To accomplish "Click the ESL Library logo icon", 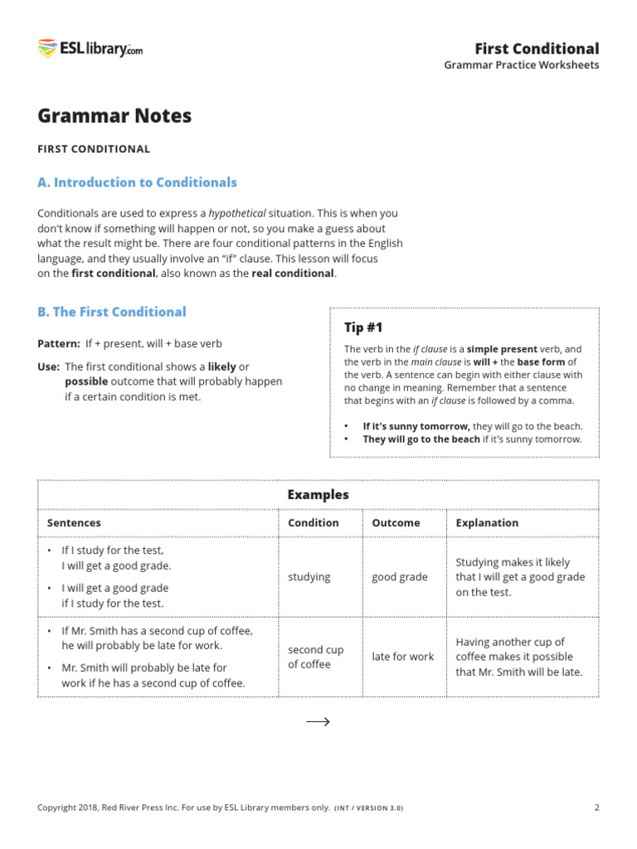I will coord(46,49).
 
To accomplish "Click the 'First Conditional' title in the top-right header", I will coord(536,48).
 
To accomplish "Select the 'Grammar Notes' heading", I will coord(114,116).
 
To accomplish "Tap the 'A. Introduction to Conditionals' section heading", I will coord(137,182).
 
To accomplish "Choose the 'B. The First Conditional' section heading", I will coord(112,312).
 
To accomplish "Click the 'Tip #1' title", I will coord(363,327).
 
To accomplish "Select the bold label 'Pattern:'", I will coord(58,343).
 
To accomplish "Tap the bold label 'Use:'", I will coord(48,366).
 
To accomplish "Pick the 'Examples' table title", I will coord(318,495).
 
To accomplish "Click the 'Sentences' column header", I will coord(74,522).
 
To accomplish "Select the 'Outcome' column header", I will coord(396,522).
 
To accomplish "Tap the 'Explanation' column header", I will coord(487,522).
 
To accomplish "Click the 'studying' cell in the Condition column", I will coord(309,576).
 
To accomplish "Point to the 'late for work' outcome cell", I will coord(402,657).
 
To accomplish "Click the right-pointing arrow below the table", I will coord(318,721).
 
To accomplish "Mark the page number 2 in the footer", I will coord(596,808).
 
